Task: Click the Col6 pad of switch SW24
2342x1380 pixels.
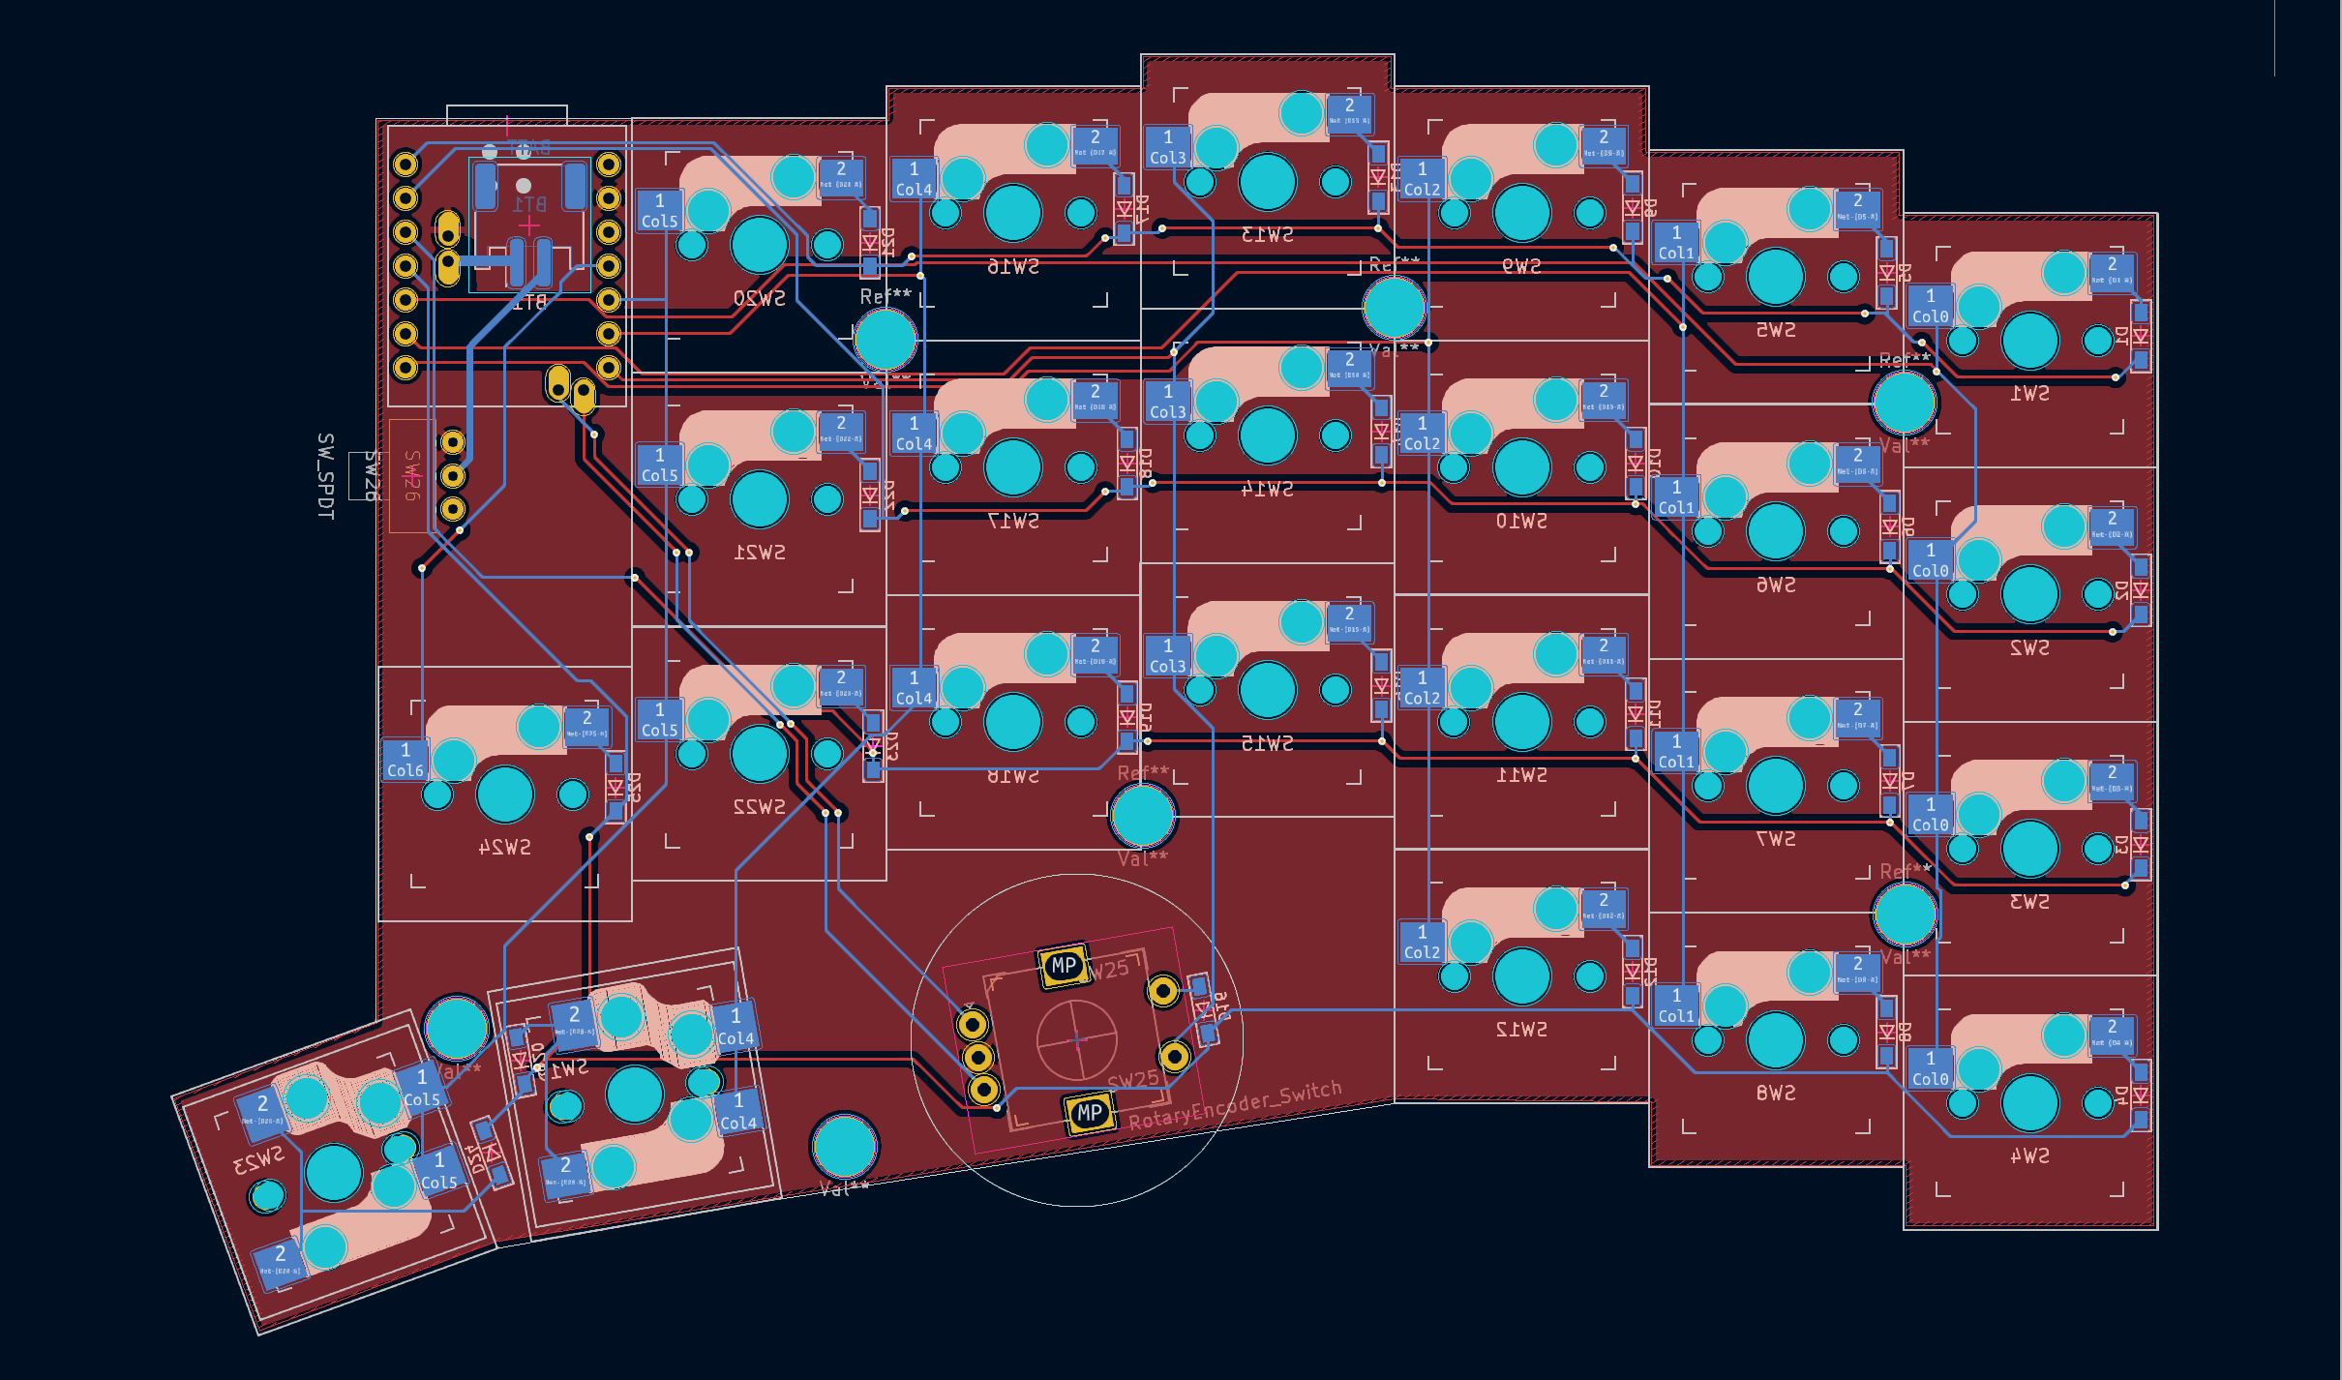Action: click(x=405, y=760)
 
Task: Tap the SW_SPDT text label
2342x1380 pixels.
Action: click(x=325, y=476)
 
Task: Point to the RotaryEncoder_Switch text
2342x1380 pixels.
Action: click(x=1235, y=1105)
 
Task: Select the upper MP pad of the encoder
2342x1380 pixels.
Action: click(x=1064, y=965)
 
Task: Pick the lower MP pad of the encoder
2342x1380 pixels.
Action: click(x=1090, y=1113)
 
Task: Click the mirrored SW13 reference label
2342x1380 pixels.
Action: click(x=1267, y=234)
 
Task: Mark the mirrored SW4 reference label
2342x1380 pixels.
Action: click(x=2029, y=1155)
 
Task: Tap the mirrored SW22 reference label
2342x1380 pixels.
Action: click(x=759, y=806)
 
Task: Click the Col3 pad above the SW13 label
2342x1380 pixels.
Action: click(x=1168, y=146)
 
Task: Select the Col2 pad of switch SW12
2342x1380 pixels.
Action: click(x=1422, y=942)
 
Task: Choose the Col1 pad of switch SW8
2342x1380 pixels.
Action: click(x=1676, y=1005)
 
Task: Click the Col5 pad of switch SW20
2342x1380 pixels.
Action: click(x=659, y=210)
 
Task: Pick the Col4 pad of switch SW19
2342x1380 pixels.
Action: click(x=914, y=178)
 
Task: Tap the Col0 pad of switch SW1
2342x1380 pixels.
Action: click(x=1930, y=306)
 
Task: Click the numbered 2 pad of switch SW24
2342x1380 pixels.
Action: click(x=586, y=724)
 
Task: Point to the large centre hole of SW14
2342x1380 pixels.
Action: click(x=1267, y=435)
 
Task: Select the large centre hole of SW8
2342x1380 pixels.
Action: click(x=1775, y=1039)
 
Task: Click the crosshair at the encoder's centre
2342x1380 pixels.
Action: click(x=1077, y=1040)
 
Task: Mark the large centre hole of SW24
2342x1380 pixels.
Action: click(x=504, y=795)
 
